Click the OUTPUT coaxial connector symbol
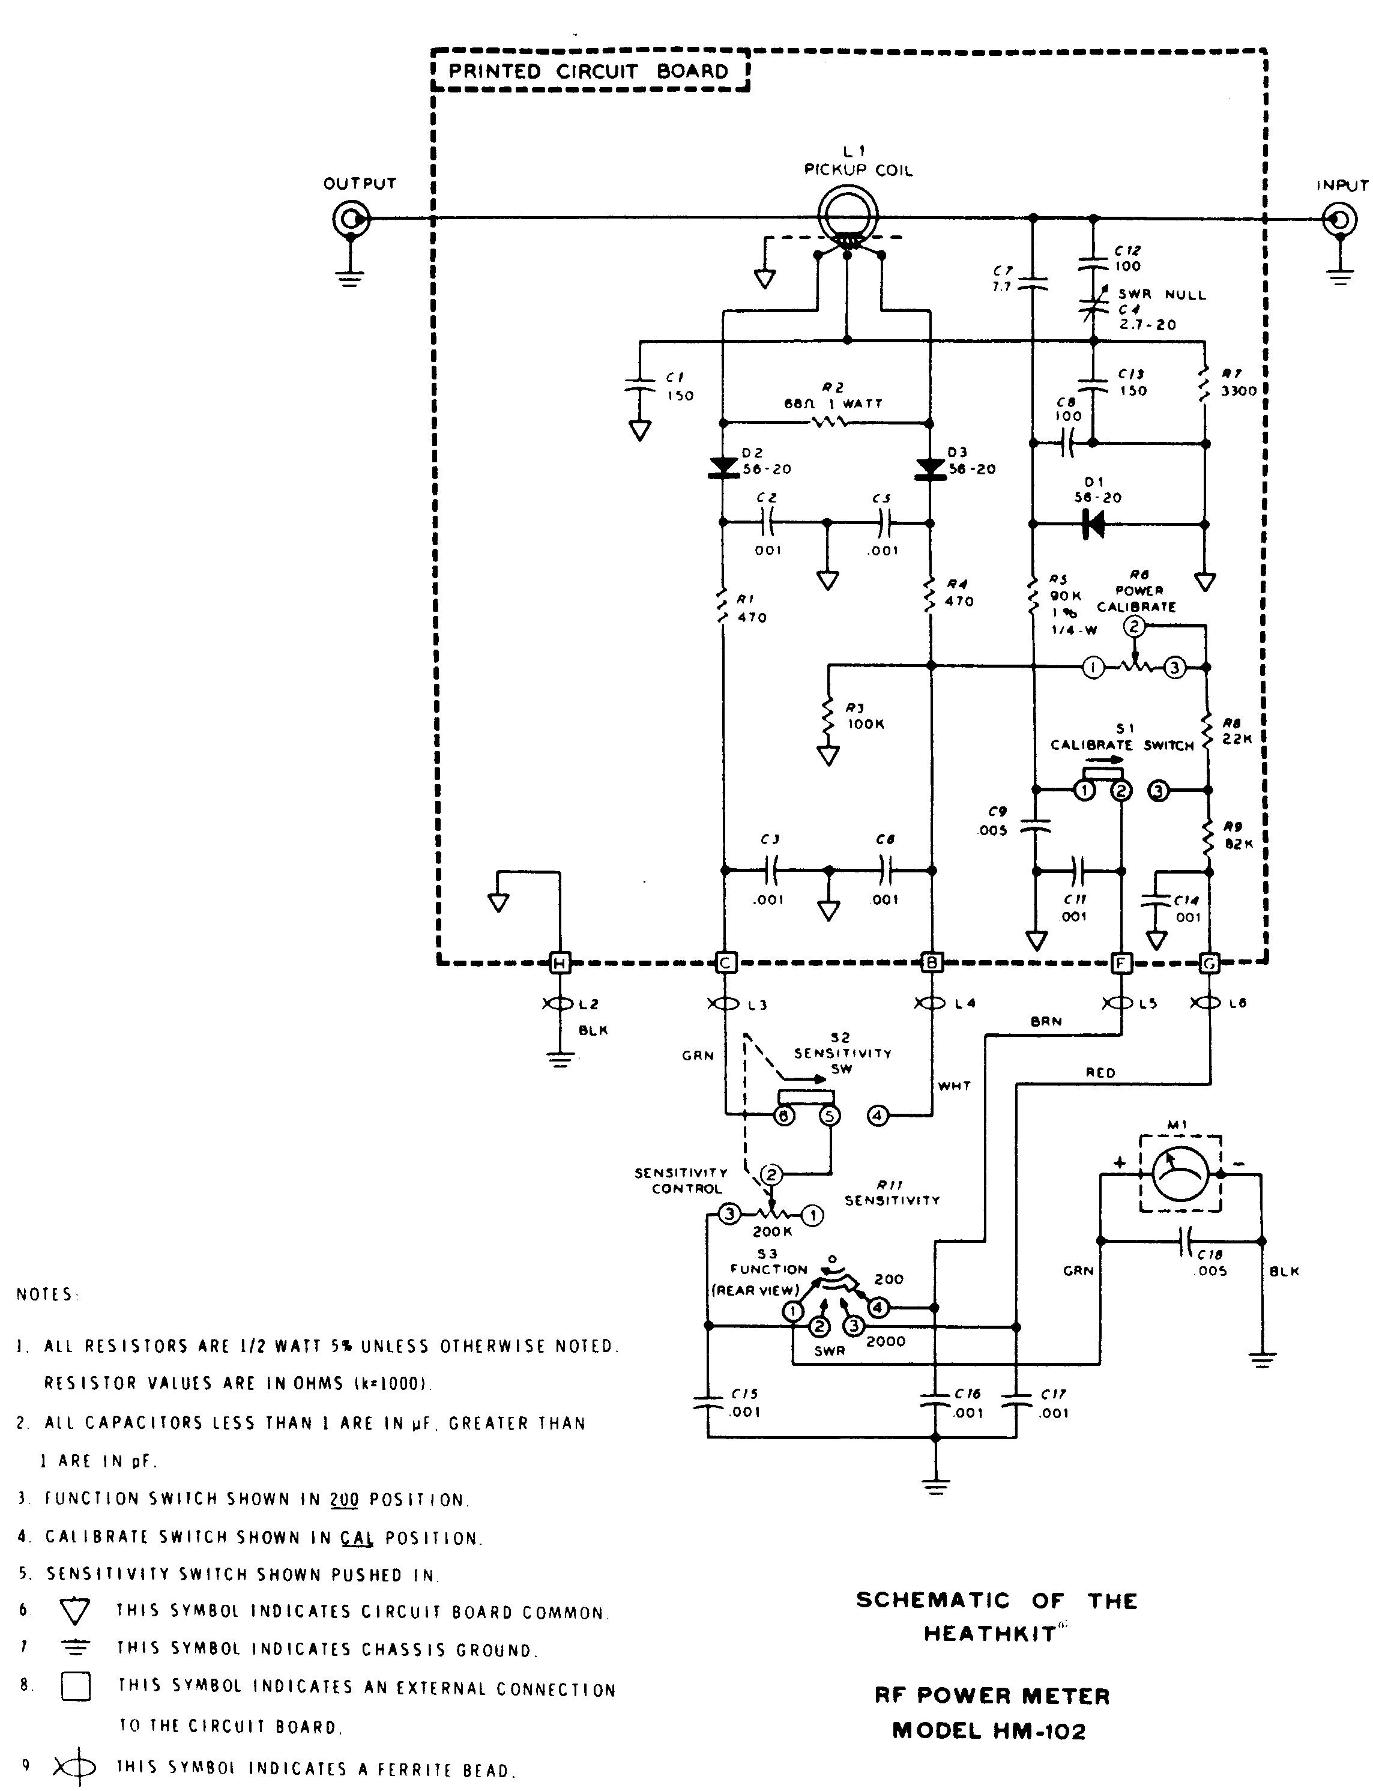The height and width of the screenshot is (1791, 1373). tap(351, 219)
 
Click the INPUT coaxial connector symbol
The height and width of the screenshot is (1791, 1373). tap(1339, 220)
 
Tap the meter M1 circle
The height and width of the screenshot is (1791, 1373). tap(1180, 1173)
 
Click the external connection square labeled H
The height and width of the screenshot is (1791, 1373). tap(560, 964)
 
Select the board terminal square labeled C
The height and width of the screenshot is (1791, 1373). tap(724, 964)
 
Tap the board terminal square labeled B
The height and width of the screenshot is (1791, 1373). tap(931, 964)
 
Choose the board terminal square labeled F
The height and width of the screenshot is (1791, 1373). tap(1121, 964)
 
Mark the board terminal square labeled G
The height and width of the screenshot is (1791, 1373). tap(1209, 964)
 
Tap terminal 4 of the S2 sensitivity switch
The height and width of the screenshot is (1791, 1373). tap(877, 1115)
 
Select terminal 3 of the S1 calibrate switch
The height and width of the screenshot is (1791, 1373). tap(1159, 791)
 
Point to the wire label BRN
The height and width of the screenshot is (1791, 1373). tap(1046, 1021)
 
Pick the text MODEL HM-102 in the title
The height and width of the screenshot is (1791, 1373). tap(989, 1730)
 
